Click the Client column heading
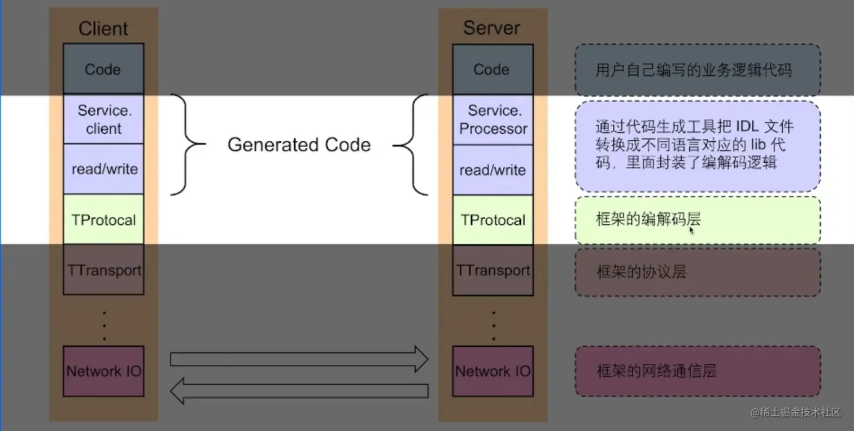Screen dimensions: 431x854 [103, 28]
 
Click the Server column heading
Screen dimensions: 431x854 [491, 28]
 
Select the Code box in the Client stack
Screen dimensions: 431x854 [103, 69]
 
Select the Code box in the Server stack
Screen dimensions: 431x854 [491, 69]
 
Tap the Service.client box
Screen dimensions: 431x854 [104, 119]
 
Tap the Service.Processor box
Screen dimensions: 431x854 [493, 119]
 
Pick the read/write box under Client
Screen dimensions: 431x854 [104, 169]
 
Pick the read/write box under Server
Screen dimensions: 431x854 [493, 170]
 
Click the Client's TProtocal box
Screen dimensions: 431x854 [104, 219]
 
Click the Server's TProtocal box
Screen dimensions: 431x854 [493, 220]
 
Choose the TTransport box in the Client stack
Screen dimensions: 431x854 [104, 269]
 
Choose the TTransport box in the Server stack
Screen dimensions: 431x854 [493, 270]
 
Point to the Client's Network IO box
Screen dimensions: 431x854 [104, 371]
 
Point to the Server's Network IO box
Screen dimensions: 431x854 [493, 371]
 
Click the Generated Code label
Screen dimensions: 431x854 [299, 145]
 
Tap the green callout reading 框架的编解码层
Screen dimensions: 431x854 [698, 220]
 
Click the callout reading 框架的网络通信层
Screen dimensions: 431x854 [698, 371]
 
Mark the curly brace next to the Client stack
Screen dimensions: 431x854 [188, 145]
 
